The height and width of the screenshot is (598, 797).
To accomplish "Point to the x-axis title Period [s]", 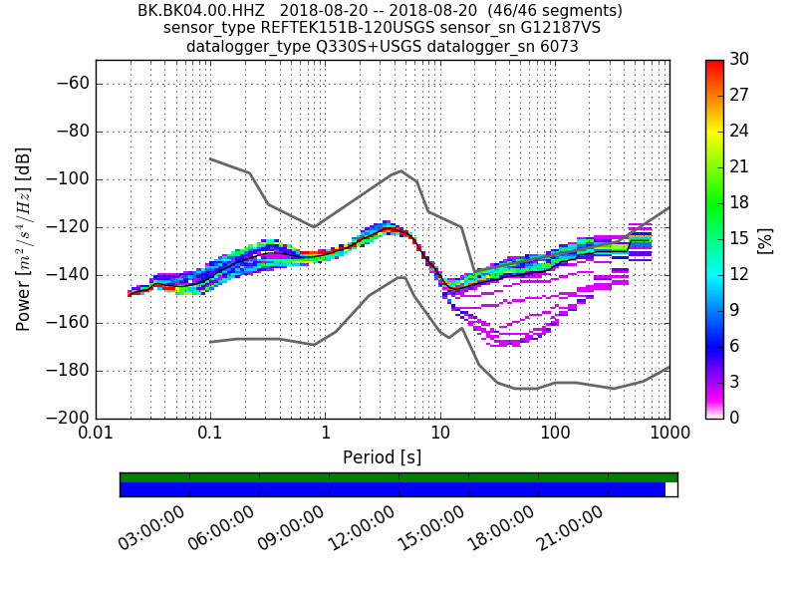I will (383, 457).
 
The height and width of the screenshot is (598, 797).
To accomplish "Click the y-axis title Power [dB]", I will (24, 239).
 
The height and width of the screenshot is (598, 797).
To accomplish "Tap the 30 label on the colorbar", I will (738, 60).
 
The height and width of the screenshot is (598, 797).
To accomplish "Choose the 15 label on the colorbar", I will (738, 239).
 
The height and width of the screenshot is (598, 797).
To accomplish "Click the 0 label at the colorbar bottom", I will (733, 418).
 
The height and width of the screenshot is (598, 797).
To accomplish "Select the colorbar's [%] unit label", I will (765, 239).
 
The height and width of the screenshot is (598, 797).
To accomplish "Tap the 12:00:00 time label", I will (362, 529).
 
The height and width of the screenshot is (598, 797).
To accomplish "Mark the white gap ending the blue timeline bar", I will (670, 489).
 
